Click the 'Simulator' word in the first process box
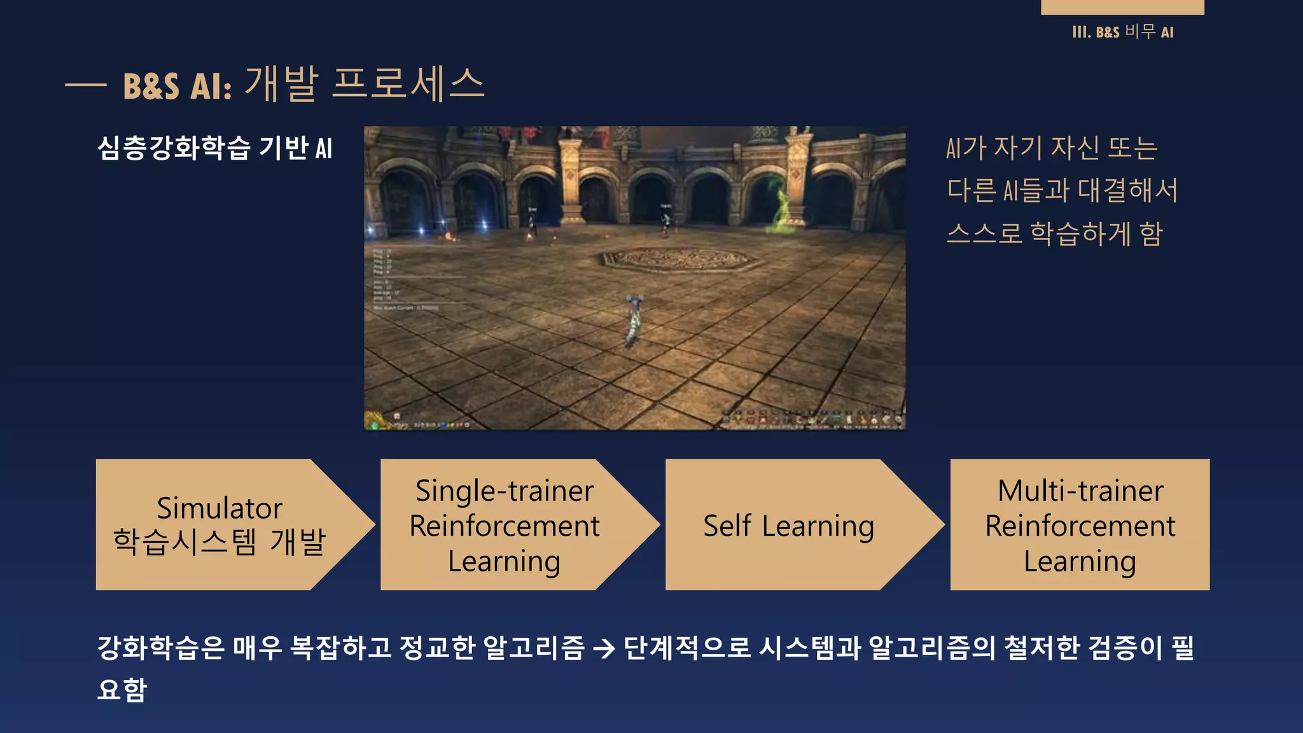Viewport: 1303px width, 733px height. (219, 508)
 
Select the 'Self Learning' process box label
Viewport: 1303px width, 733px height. (788, 526)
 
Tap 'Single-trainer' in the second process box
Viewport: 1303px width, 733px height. (504, 491)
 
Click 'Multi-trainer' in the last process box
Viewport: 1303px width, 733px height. (1080, 491)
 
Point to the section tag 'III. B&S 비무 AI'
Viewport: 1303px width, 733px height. (1122, 32)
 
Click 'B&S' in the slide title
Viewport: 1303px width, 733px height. (151, 87)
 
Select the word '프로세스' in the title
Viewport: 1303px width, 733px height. (408, 84)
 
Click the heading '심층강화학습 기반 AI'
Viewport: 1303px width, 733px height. (214, 148)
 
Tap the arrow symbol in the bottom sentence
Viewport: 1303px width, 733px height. (603, 648)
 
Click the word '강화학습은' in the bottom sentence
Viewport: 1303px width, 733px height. (161, 648)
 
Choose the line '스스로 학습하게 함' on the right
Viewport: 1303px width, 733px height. (1054, 234)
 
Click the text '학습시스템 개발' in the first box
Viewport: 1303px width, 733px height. (219, 542)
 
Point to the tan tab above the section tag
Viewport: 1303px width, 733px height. (1122, 7)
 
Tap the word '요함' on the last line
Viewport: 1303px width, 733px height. (122, 690)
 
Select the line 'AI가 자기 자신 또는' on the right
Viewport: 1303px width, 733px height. (1051, 148)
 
